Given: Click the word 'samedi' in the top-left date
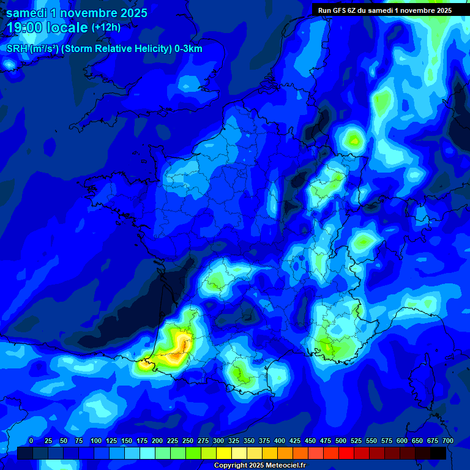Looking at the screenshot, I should coord(23,13).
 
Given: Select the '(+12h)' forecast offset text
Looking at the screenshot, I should coord(106,27).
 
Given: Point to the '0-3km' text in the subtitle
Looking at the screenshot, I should coord(188,49).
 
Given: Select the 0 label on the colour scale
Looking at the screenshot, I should coord(31,441).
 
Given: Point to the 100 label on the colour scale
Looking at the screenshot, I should coord(96,441).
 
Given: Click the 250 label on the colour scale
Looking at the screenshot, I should coord(188,441).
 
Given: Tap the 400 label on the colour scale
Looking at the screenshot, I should coord(280,441).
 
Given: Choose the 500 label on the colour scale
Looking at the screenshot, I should coord(341,441).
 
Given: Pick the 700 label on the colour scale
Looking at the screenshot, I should coord(447,441).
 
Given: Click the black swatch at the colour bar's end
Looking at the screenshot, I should coord(438,453).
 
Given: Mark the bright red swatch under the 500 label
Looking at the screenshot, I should coord(346,453).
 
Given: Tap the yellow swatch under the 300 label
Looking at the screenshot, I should coord(224,453).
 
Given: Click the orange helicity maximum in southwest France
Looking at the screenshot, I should coord(176,353).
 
